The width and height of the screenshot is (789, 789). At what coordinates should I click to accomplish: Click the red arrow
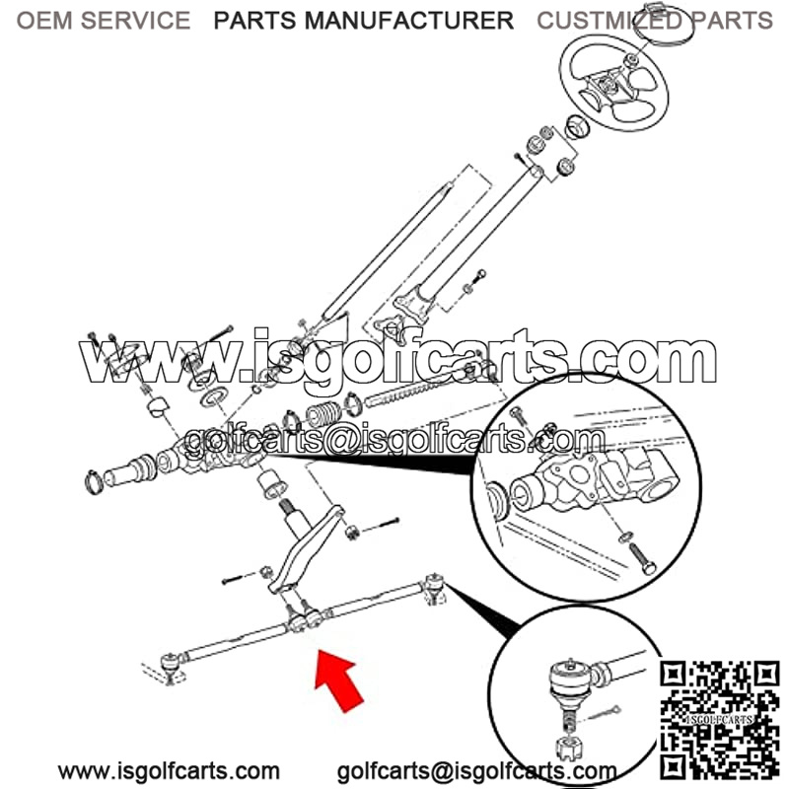click(338, 681)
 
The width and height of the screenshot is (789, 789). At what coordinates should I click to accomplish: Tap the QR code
click(720, 720)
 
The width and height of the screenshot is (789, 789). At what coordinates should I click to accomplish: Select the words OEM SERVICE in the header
click(104, 21)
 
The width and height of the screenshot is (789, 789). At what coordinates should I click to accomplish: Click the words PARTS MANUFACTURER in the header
click(363, 21)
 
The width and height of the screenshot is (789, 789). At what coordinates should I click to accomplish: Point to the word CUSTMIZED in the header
click(610, 21)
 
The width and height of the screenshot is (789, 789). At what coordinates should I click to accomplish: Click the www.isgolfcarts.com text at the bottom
click(169, 771)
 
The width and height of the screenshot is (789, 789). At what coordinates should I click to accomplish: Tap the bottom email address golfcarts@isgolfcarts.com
click(476, 771)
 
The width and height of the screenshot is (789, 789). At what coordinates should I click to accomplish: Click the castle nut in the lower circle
click(569, 749)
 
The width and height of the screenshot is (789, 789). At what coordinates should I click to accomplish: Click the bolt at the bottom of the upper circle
click(642, 559)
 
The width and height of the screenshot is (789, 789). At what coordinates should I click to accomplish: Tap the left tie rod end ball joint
click(171, 665)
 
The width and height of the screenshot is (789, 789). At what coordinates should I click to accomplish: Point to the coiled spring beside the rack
click(323, 413)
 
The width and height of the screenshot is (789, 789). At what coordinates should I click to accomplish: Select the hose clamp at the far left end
click(94, 480)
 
